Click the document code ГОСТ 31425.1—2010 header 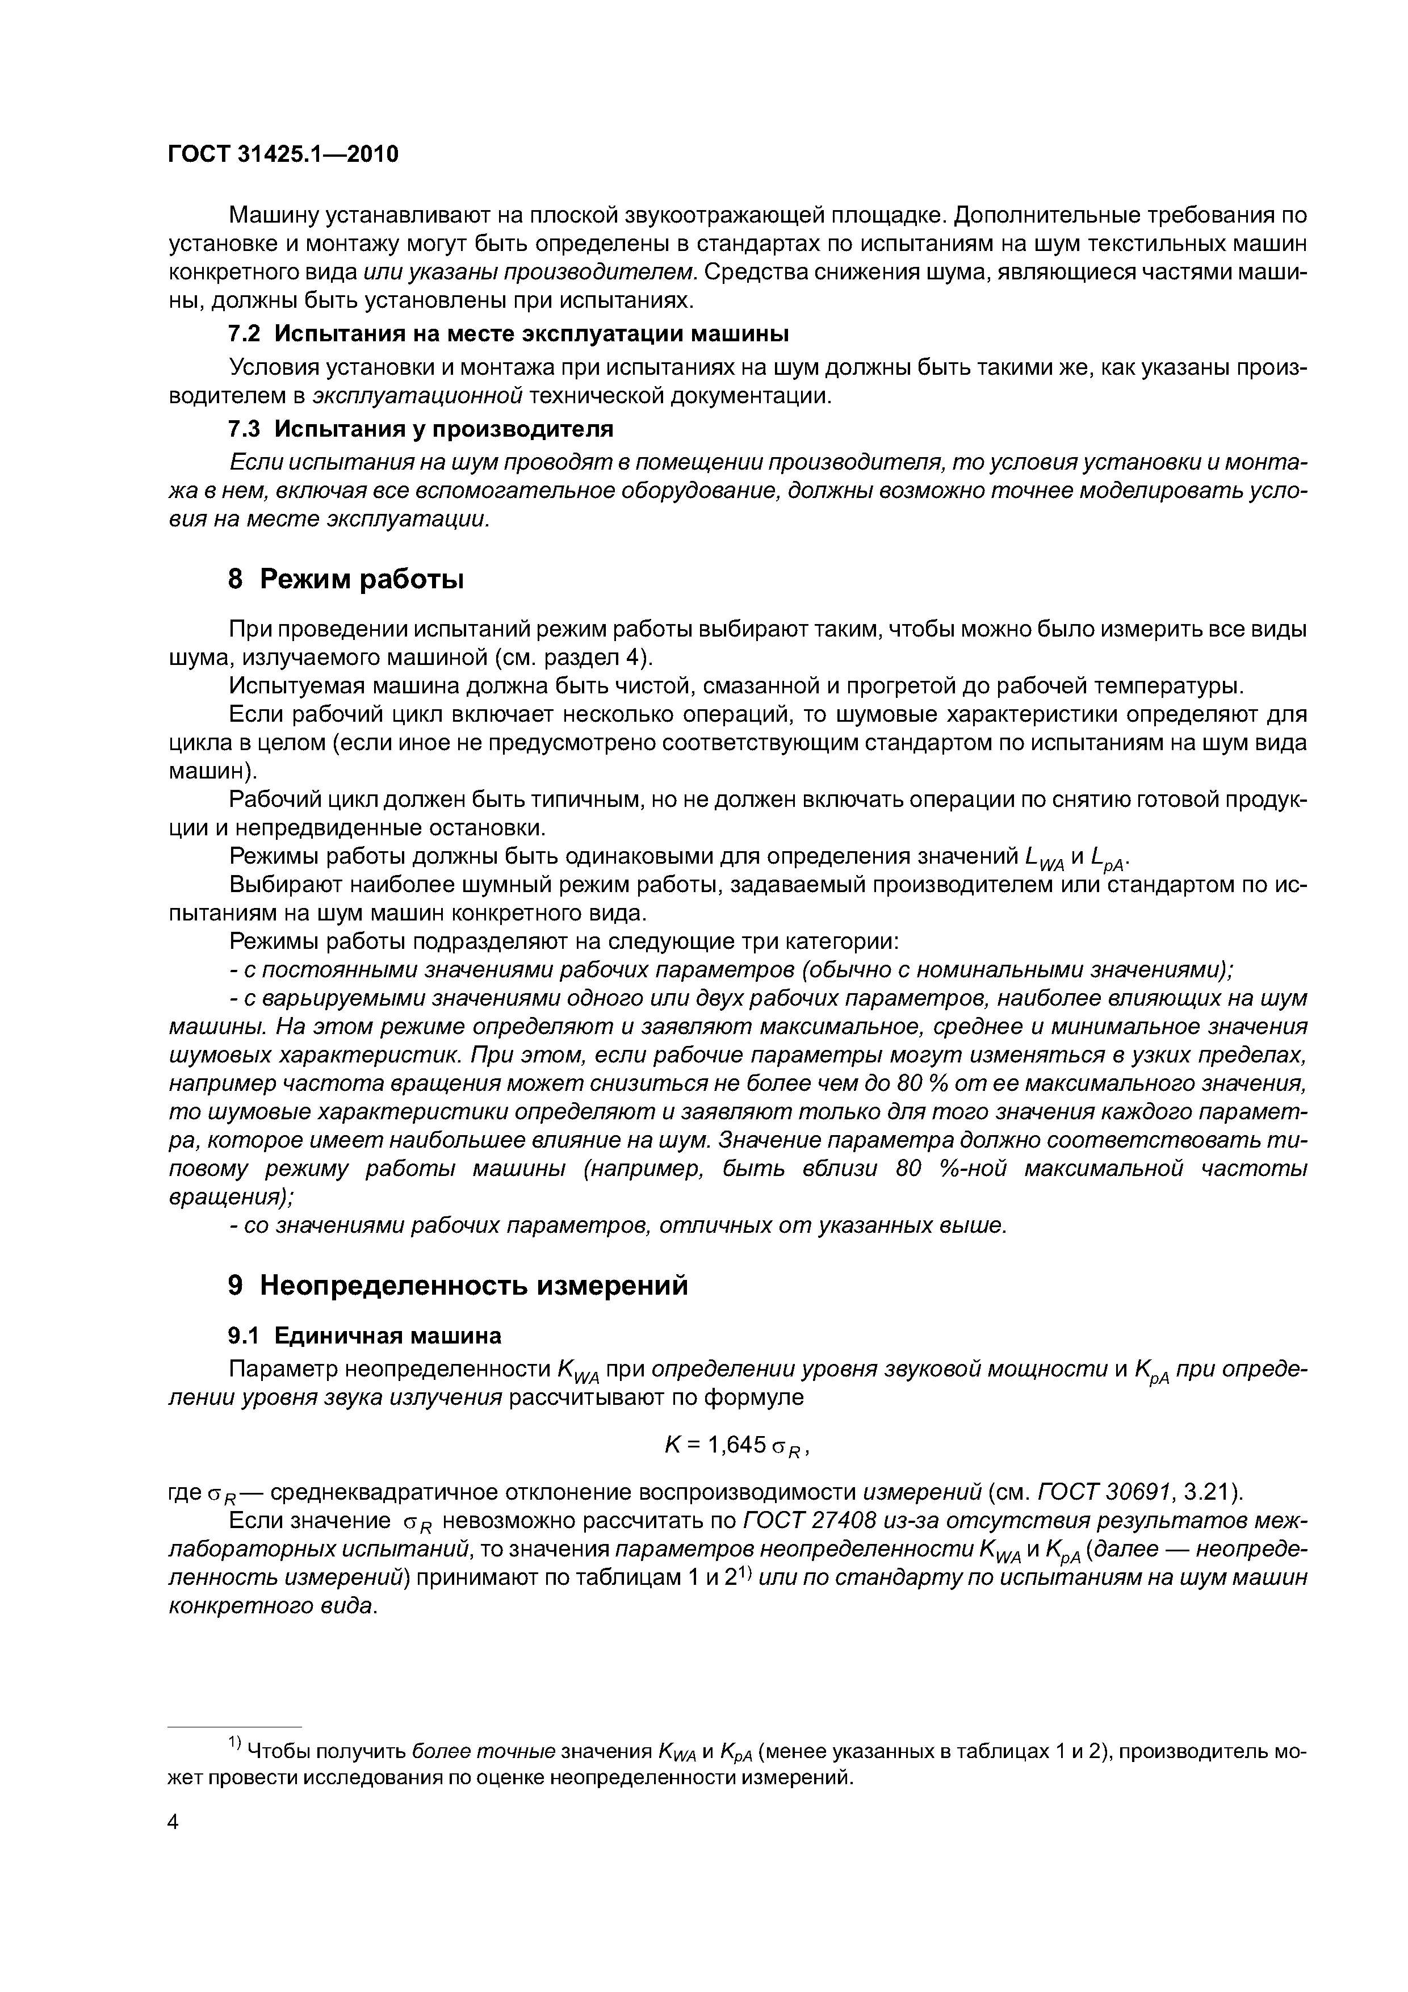pos(283,154)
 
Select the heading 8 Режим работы pos(345,579)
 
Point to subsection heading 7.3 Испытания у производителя pos(420,429)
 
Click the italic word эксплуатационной pos(417,396)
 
